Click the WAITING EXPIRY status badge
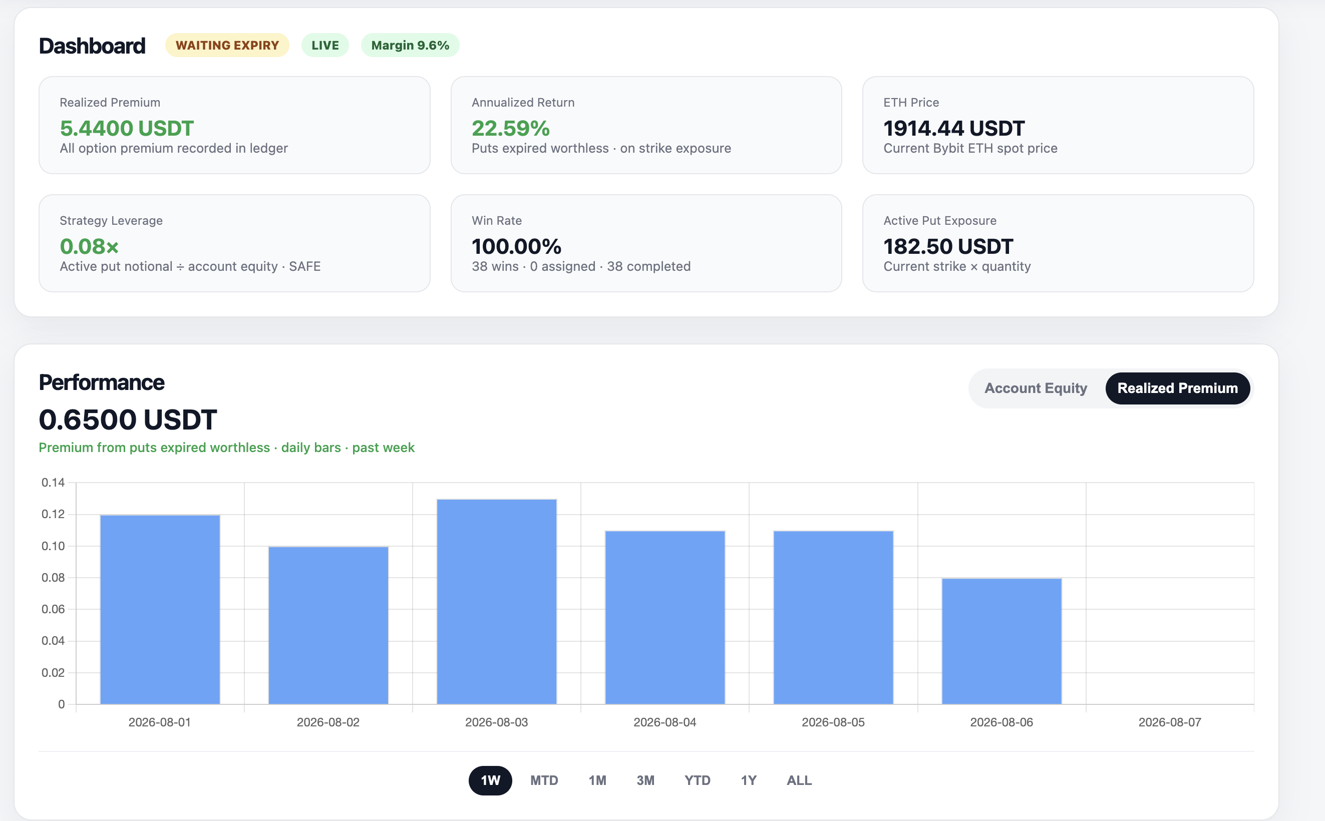[227, 45]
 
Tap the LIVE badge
[324, 45]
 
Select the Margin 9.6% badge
[410, 45]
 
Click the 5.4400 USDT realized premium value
[127, 128]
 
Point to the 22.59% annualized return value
[510, 128]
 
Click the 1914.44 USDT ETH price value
[953, 128]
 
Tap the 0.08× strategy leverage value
[89, 246]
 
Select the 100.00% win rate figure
[516, 246]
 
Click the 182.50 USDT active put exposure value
[948, 246]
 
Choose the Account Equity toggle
[1036, 388]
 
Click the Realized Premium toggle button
[1177, 388]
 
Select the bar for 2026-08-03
[496, 602]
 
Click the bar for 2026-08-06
[1002, 641]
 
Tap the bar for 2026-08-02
[328, 626]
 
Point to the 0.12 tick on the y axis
[53, 514]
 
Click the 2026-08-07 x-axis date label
[1170, 722]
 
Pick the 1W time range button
[490, 780]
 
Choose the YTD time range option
[697, 780]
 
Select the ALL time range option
[799, 780]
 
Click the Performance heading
[102, 382]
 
